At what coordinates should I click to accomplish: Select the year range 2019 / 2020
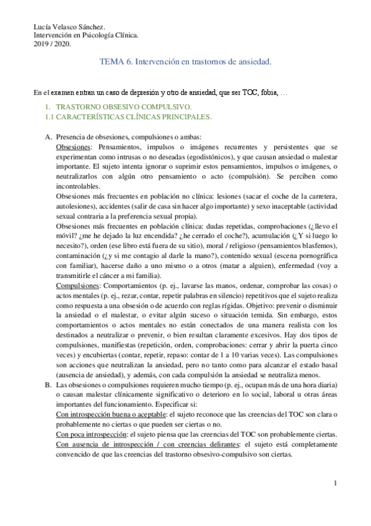coord(52,44)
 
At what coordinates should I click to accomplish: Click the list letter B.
coord(48,385)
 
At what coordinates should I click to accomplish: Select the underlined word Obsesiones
coord(72,146)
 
